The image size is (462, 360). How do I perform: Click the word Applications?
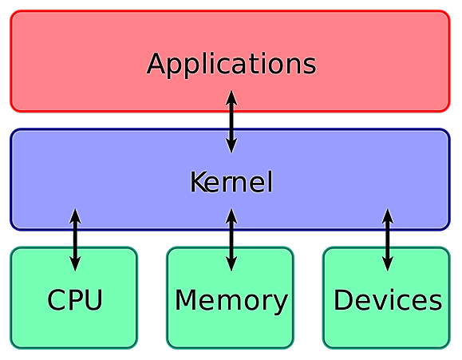[231, 65]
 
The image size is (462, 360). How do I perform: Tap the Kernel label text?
[231, 182]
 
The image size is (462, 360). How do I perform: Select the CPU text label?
[75, 299]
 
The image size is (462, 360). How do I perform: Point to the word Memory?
[231, 302]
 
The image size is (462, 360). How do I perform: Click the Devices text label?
[388, 299]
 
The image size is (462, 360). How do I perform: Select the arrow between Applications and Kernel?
[231, 121]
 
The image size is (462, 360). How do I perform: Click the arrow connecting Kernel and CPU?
[75, 239]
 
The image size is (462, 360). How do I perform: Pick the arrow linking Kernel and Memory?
[231, 239]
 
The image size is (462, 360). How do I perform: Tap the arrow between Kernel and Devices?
[388, 239]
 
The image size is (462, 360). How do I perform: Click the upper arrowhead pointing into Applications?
[231, 97]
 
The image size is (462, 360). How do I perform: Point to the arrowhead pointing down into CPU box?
[75, 263]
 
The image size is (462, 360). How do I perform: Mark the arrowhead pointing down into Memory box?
[231, 263]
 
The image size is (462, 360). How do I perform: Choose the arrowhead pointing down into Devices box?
[388, 263]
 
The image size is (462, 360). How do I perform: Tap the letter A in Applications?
[156, 63]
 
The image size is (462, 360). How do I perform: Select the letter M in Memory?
[185, 299]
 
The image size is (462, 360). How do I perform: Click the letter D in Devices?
[342, 299]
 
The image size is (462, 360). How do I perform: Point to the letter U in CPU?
[94, 300]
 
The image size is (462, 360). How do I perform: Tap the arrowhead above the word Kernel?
[231, 145]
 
